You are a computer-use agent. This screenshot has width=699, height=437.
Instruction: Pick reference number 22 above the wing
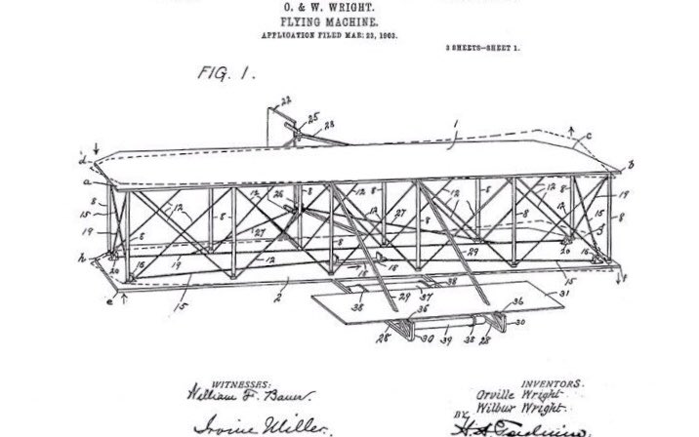pyautogui.click(x=286, y=100)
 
